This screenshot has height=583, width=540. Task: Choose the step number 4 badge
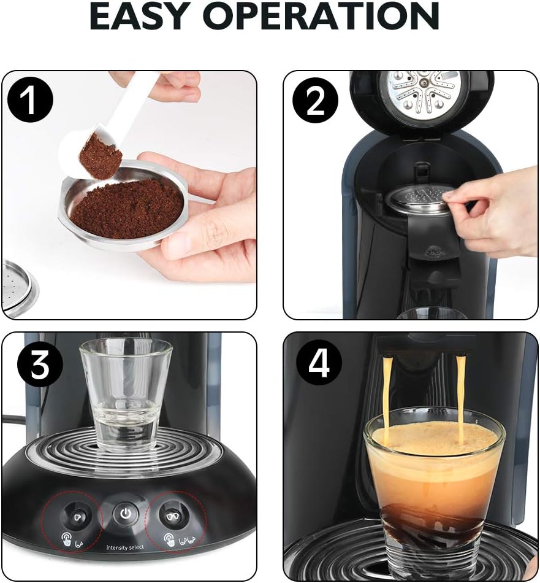pos(319,364)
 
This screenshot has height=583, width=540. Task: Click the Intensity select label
pos(125,547)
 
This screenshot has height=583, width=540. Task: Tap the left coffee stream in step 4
pos(387,393)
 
